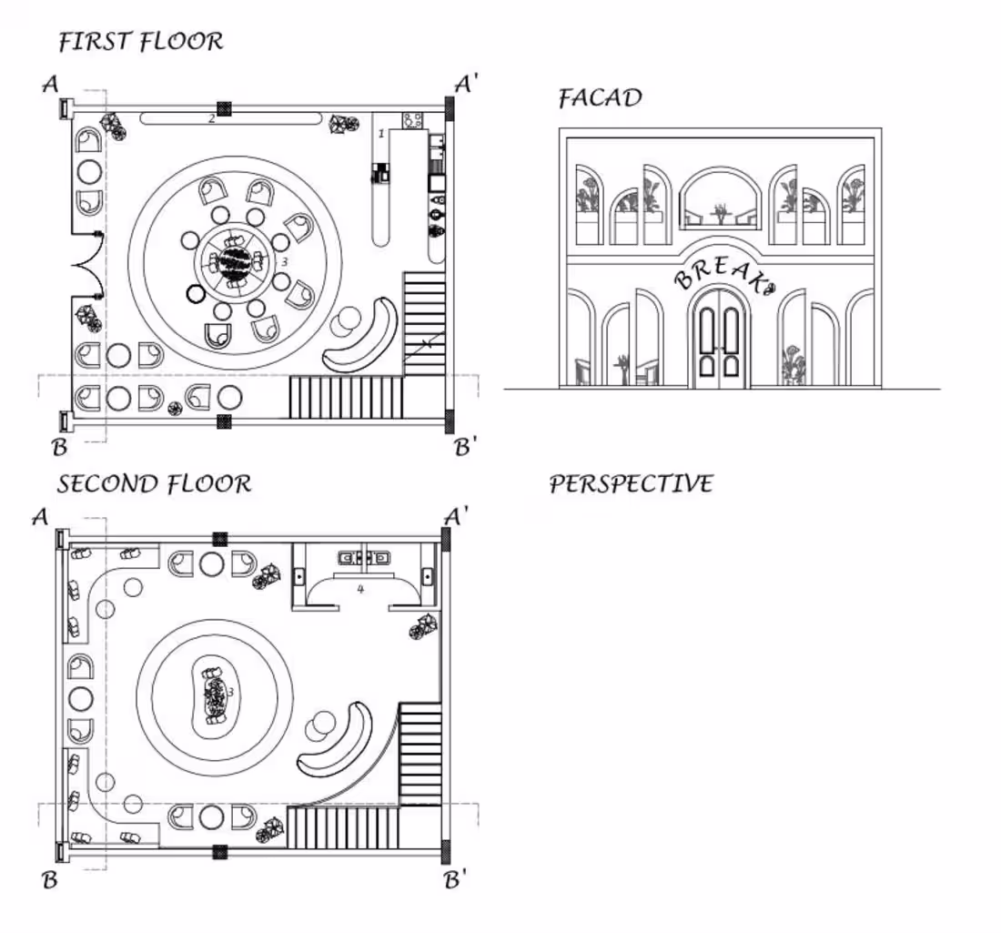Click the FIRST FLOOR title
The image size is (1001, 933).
coord(140,42)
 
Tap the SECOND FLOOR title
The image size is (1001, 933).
coord(154,483)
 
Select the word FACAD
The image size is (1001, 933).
coord(600,97)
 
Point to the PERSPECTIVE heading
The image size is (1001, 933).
coord(631,483)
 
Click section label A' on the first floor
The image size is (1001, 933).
coord(467,85)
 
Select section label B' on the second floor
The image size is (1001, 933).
coord(456,880)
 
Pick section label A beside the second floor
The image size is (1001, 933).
coord(39,517)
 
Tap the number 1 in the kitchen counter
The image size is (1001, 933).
coord(381,134)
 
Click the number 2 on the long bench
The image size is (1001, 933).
coord(211,117)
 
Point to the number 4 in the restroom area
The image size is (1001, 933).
coord(360,589)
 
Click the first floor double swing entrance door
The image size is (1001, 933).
coord(87,265)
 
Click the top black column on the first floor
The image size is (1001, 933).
coord(224,108)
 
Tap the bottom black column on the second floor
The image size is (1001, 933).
coord(219,852)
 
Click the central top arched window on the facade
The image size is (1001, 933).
coord(721,197)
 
